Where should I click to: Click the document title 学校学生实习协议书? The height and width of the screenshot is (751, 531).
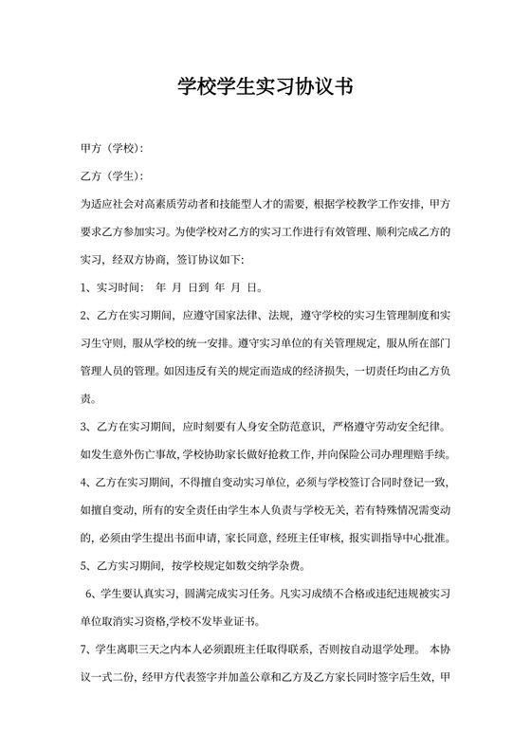[265, 88]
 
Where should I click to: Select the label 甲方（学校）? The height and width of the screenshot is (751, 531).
[112, 150]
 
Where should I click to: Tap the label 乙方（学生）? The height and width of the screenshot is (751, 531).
[112, 176]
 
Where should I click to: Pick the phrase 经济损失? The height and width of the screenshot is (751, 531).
[333, 367]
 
